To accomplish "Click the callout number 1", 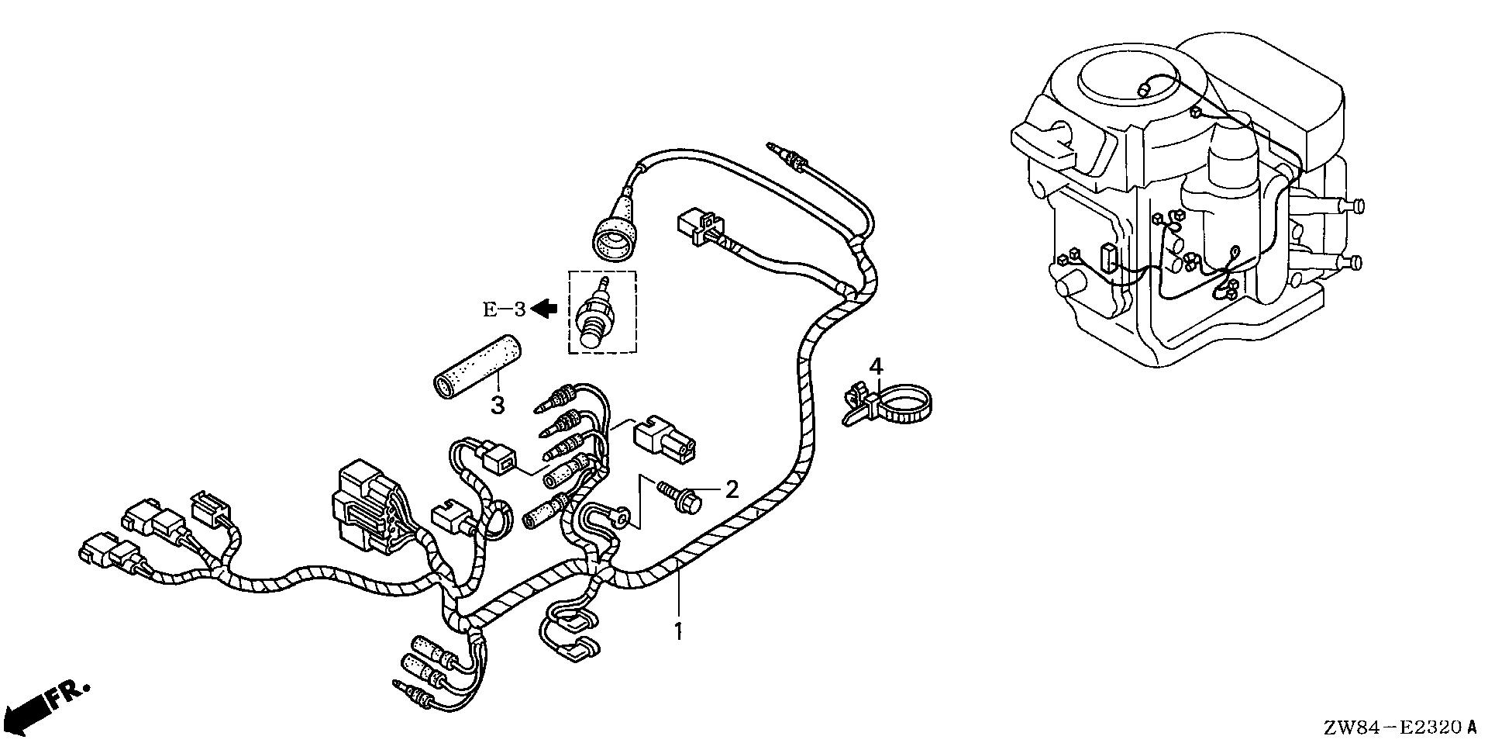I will tap(678, 631).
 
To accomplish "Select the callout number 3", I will tap(497, 404).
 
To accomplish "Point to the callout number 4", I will tap(876, 365).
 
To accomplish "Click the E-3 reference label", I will tap(505, 309).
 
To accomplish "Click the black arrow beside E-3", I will tap(546, 309).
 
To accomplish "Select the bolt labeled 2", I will tap(680, 495).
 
